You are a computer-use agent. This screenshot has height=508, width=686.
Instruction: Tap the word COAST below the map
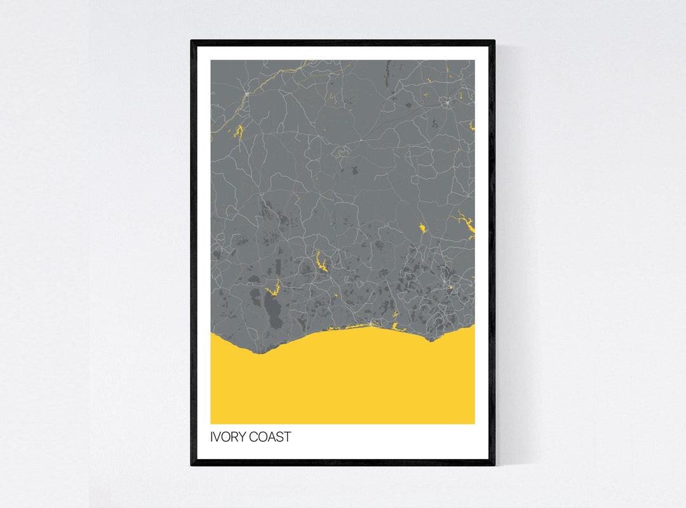click(x=271, y=437)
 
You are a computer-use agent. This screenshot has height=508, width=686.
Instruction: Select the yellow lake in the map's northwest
click(x=239, y=132)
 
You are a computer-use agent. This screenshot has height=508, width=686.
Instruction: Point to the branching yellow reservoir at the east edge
click(x=464, y=224)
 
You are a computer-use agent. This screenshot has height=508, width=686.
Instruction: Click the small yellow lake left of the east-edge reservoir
click(x=422, y=227)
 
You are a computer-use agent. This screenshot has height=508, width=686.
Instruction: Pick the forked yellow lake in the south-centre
click(x=321, y=262)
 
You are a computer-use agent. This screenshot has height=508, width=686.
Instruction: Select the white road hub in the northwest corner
click(x=246, y=95)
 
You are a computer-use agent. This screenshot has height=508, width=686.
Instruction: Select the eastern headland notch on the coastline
click(x=431, y=340)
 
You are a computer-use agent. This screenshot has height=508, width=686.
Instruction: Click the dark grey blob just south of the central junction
click(x=353, y=170)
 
